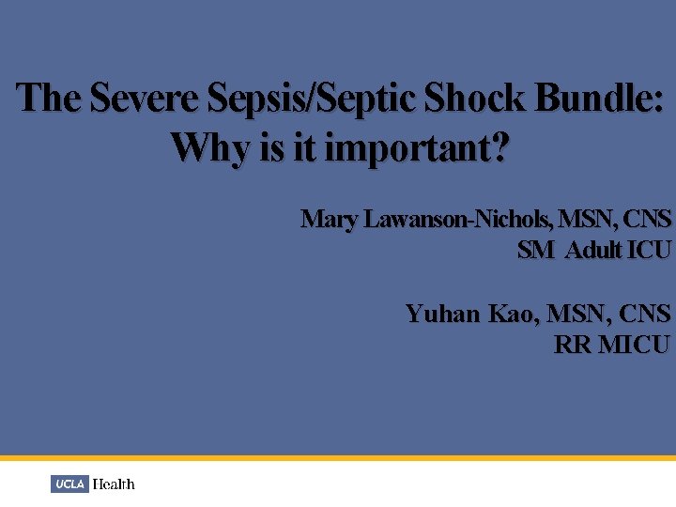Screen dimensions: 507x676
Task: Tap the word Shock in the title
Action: coord(475,99)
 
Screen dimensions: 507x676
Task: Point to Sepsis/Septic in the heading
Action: coord(315,99)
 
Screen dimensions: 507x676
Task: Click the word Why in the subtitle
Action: coord(211,146)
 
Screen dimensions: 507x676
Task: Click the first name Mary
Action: coord(329,220)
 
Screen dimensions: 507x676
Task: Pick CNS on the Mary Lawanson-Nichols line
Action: coord(647,220)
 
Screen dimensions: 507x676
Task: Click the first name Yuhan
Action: coord(442,313)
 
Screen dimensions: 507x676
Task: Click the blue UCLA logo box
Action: coord(69,484)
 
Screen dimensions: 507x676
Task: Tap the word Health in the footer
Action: coord(114,484)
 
